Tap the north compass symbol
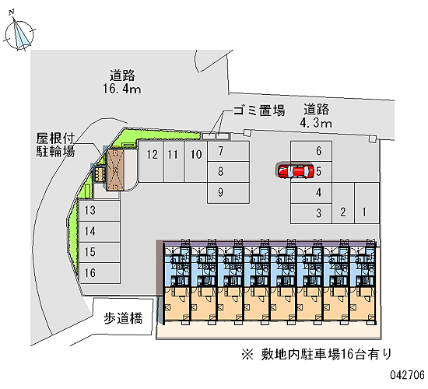[x=19, y=33]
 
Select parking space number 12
[x=151, y=161]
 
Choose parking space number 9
[x=228, y=193]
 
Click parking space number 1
[x=367, y=203]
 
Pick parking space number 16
[x=100, y=273]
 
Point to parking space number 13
[x=100, y=211]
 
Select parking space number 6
[x=311, y=151]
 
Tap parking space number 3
[x=311, y=213]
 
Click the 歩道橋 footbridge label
[x=123, y=318]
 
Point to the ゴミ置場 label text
[x=259, y=110]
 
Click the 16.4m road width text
[x=122, y=89]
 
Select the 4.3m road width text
[x=316, y=123]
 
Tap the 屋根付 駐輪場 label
[x=56, y=145]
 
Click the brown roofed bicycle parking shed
[x=115, y=170]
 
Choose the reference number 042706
[x=407, y=375]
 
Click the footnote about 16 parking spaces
[x=317, y=354]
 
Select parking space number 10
[x=195, y=161]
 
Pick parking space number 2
[x=343, y=203]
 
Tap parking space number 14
[x=100, y=232]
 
